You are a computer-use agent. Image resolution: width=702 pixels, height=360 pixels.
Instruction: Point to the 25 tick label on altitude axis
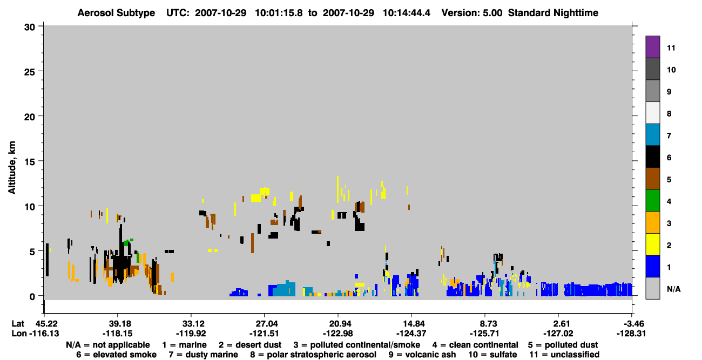coord(30,72)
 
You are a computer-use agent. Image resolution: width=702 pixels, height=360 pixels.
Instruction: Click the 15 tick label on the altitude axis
coord(30,162)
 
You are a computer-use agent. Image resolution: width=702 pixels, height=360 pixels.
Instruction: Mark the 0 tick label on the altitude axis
coord(32,296)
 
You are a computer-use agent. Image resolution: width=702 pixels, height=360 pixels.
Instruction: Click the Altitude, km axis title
coord(11,168)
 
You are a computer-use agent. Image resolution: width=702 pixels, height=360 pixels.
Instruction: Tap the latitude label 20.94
coord(338,324)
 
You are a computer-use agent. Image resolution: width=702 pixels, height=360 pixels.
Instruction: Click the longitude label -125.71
coord(484,334)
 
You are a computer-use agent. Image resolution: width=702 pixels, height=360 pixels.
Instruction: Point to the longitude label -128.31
coord(631,334)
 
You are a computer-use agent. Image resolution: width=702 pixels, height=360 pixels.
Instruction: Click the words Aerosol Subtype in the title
coord(116,13)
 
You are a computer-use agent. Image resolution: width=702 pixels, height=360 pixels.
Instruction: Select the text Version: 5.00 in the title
coord(472,13)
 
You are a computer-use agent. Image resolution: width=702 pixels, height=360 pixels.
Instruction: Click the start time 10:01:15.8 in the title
coord(279,13)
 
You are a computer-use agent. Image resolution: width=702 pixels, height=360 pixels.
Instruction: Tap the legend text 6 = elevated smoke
coord(116,355)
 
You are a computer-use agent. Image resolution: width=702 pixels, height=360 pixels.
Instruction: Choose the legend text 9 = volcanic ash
coord(422,355)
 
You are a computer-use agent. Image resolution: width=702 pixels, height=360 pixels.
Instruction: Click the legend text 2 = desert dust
coord(250,345)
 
